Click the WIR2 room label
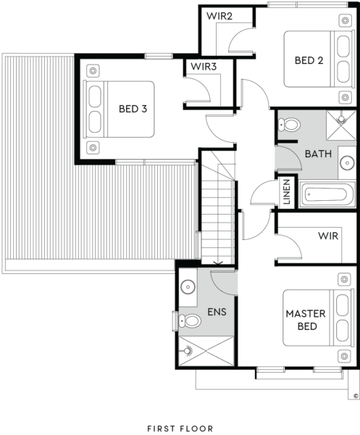tap(219, 16)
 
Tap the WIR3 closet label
tap(204, 67)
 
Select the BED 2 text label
tap(309, 60)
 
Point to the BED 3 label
tap(133, 109)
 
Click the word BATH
tap(318, 154)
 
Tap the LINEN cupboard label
tap(287, 191)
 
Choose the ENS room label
tap(217, 312)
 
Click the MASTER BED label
tap(306, 320)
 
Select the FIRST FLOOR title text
tap(180, 428)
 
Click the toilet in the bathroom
tap(289, 125)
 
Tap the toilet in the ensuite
tap(190, 321)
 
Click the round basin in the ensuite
tap(188, 286)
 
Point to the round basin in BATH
tap(347, 162)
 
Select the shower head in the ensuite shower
tap(188, 351)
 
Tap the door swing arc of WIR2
tap(235, 35)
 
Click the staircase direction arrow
tap(218, 262)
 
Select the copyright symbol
tap(356, 396)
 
